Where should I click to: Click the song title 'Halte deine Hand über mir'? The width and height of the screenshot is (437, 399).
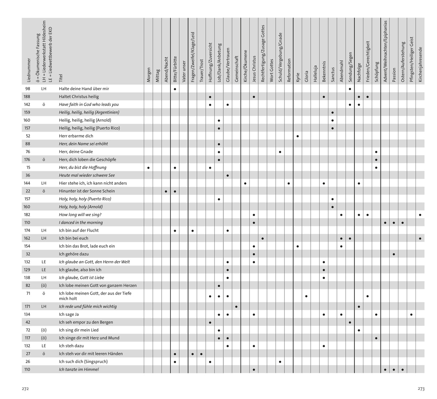pyautogui.click(x=84, y=89)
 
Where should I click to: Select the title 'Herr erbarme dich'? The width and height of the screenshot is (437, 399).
pyautogui.click(x=76, y=136)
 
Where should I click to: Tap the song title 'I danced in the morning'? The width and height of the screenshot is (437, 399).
pyautogui.click(x=81, y=223)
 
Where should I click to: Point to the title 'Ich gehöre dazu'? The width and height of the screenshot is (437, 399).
pyautogui.click(x=74, y=254)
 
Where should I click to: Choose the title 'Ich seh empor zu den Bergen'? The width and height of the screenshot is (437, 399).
pyautogui.click(x=86, y=322)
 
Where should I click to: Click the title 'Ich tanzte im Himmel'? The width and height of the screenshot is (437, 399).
pyautogui.click(x=79, y=370)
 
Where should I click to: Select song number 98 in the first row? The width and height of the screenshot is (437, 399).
pyautogui.click(x=28, y=89)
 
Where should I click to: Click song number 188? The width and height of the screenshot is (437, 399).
pyautogui.click(x=27, y=97)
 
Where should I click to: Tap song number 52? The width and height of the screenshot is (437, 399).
pyautogui.click(x=28, y=136)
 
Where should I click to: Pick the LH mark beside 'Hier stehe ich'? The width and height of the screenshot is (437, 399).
pyautogui.click(x=44, y=183)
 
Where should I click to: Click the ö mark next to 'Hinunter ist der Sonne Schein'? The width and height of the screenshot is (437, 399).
pyautogui.click(x=44, y=191)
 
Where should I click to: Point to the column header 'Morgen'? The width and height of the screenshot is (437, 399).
pyautogui.click(x=149, y=75)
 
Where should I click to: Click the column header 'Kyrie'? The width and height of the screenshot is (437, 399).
pyautogui.click(x=298, y=77)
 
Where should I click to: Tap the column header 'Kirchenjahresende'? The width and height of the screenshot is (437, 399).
pyautogui.click(x=420, y=64)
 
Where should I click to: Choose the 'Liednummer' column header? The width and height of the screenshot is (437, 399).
pyautogui.click(x=29, y=69)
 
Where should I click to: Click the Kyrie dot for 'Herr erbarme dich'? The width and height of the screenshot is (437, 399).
pyautogui.click(x=298, y=136)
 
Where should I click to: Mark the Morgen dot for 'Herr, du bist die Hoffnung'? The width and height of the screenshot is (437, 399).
pyautogui.click(x=149, y=168)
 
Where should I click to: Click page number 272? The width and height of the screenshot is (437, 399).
pyautogui.click(x=25, y=388)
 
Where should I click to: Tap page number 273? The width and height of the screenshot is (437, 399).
pyautogui.click(x=421, y=388)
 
